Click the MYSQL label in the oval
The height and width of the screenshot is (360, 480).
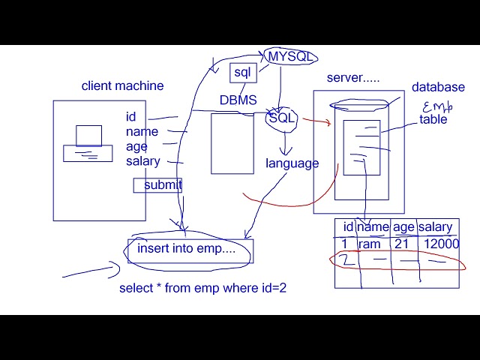[290, 57]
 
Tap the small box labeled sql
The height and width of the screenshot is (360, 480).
[243, 72]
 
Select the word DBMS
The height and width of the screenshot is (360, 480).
[238, 100]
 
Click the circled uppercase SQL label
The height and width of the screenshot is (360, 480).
[282, 118]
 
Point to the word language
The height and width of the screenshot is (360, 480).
[292, 163]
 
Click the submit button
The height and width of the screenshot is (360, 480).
[158, 185]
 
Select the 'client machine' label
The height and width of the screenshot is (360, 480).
[122, 85]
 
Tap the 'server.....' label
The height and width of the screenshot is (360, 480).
[352, 78]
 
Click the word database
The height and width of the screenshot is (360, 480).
[438, 87]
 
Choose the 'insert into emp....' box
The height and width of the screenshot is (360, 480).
[187, 249]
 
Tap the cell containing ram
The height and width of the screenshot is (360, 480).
[370, 244]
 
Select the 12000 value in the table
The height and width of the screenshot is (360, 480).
[441, 244]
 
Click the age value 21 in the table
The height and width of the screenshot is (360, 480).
[401, 244]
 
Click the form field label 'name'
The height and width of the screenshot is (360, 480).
[142, 132]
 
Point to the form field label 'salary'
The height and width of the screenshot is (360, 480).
[142, 161]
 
